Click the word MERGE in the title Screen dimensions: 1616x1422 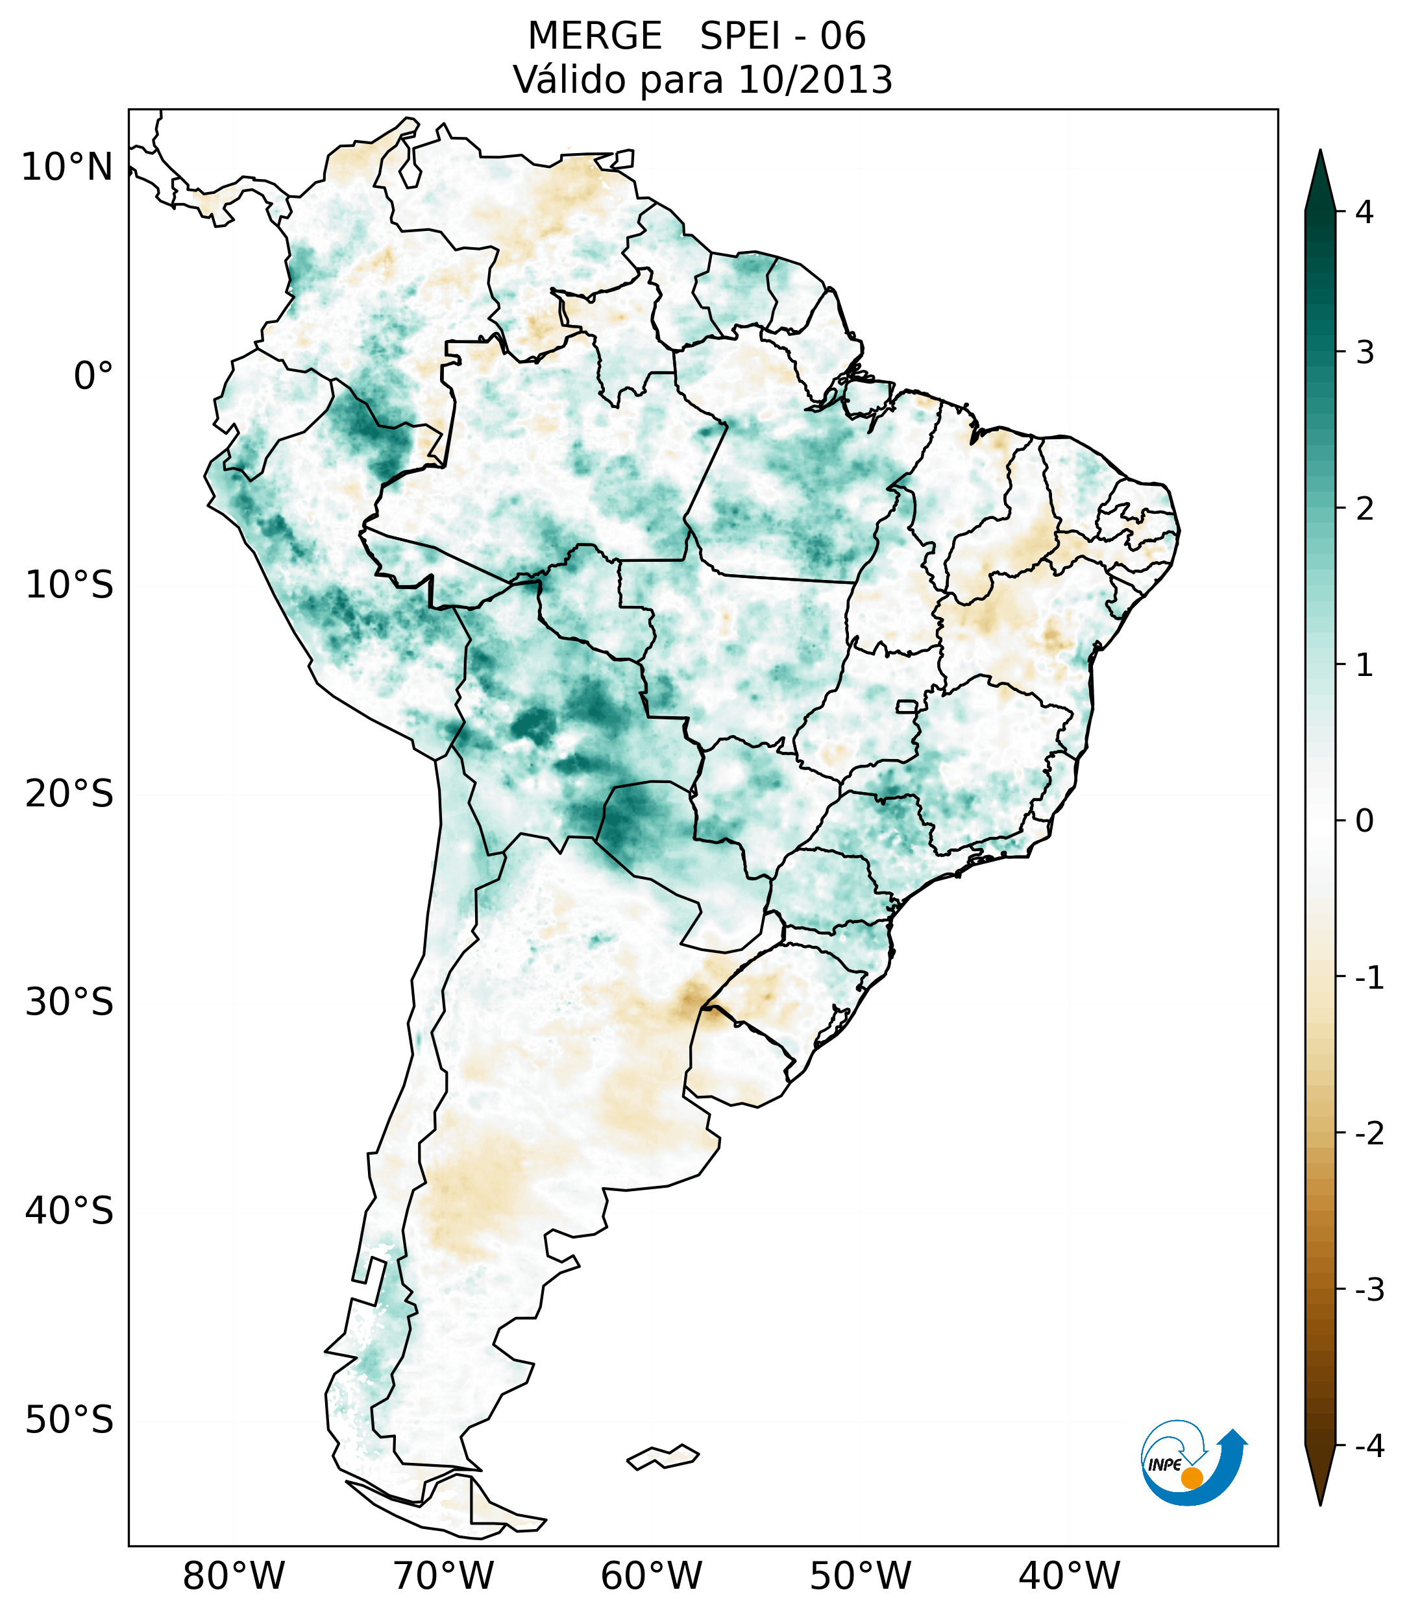(x=595, y=36)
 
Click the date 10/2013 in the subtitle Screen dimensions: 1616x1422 (x=815, y=80)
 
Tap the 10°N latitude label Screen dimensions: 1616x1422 (x=66, y=167)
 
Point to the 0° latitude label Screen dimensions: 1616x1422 (x=93, y=376)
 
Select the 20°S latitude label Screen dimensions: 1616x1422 (x=69, y=794)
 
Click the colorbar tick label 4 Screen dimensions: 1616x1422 (x=1364, y=212)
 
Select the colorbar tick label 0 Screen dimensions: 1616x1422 (x=1364, y=821)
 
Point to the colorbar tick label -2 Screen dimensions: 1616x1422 (x=1369, y=1134)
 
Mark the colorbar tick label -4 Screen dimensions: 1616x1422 (x=1369, y=1446)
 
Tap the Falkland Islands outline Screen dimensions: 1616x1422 (x=663, y=1456)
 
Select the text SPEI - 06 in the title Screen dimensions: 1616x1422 (x=783, y=36)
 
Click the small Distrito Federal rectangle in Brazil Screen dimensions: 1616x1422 (x=907, y=706)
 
